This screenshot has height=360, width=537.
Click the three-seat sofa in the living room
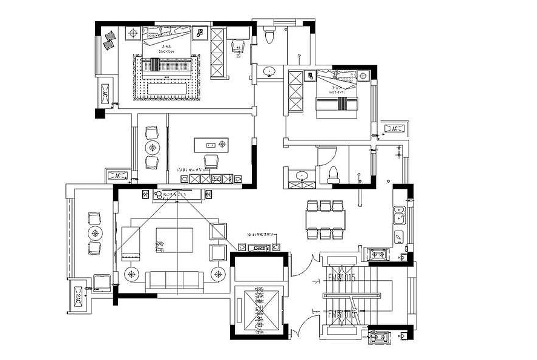coord(174,279)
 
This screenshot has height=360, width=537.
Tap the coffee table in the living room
coord(175,237)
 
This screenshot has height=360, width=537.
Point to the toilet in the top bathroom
coord(270,36)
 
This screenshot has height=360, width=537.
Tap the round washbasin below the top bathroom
coord(268,72)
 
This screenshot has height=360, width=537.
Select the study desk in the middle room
coord(211,145)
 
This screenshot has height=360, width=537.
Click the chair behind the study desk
coord(211,160)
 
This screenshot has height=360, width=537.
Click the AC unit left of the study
coord(116,175)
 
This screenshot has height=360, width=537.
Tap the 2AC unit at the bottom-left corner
coord(79,297)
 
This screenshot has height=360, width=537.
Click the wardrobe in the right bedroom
coord(296,91)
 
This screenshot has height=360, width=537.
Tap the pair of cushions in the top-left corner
coord(110,39)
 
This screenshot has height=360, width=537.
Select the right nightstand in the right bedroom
coord(363,76)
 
